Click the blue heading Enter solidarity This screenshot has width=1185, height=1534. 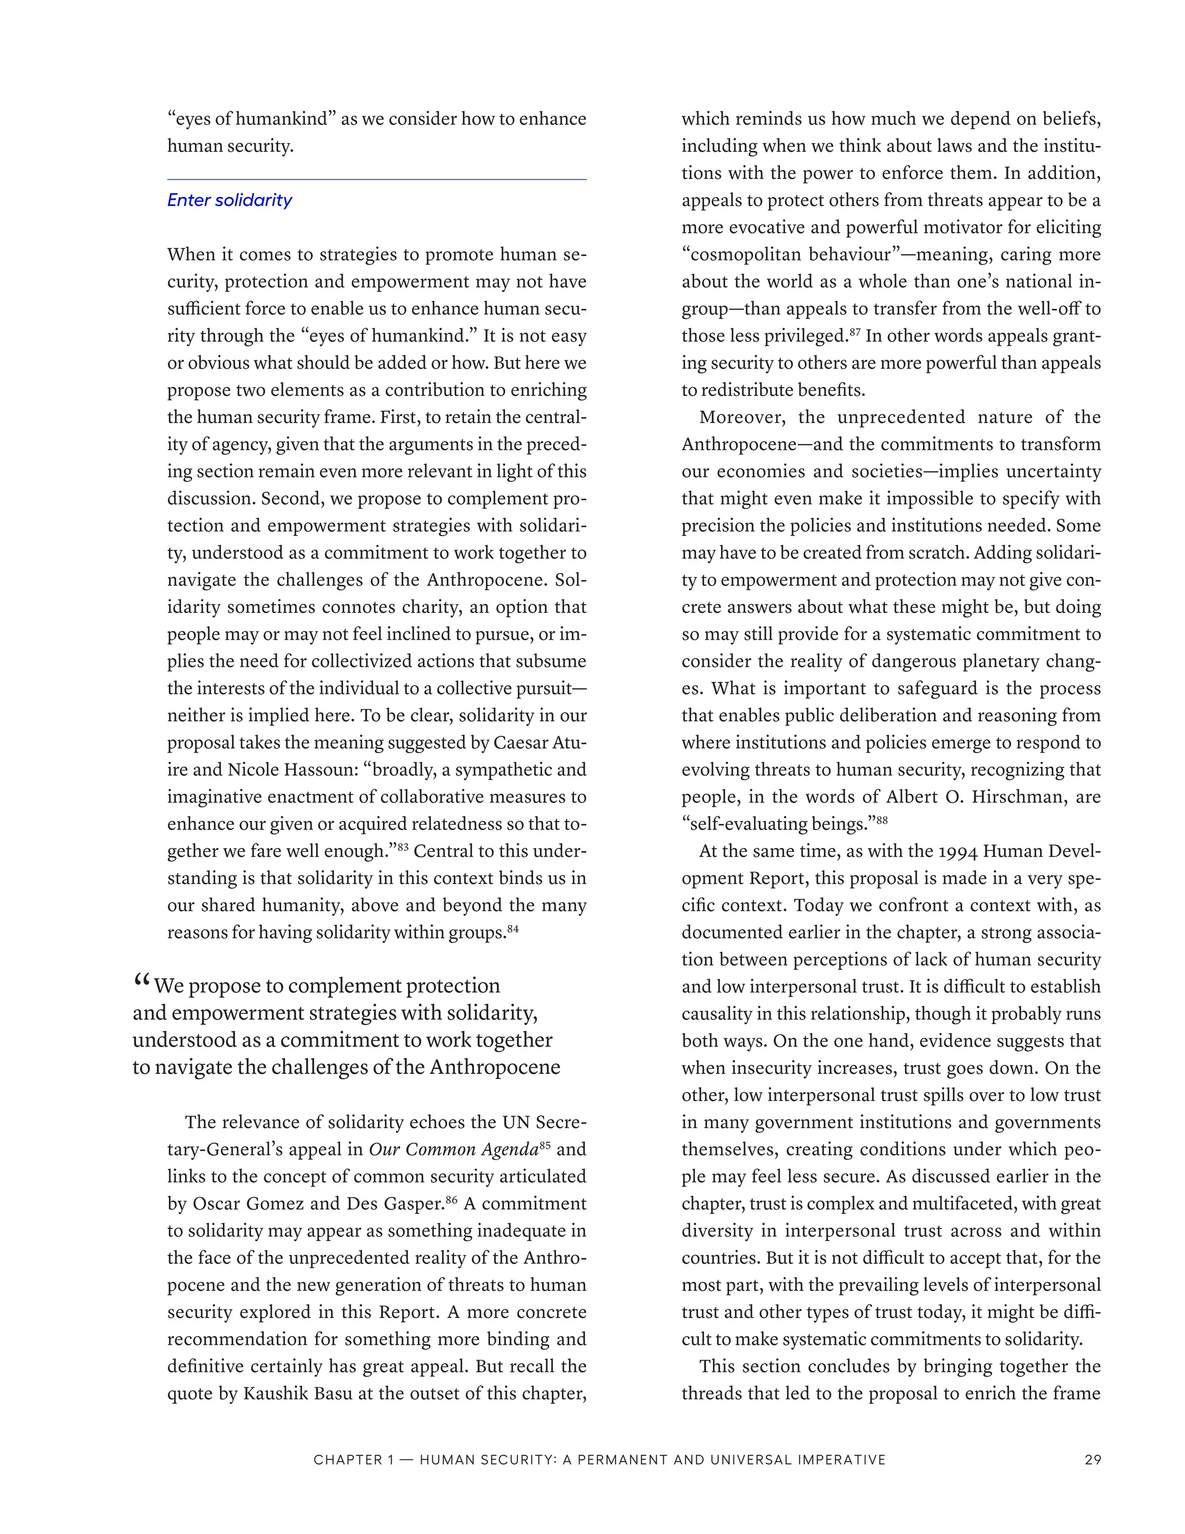[229, 200]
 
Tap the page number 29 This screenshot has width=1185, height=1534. [1092, 1459]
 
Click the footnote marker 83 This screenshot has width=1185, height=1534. [403, 847]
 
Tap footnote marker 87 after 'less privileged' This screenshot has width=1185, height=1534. [855, 332]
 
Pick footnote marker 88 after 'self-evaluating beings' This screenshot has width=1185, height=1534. [882, 820]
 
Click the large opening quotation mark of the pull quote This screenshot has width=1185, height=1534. [141, 982]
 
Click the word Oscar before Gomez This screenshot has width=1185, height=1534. [213, 1204]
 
